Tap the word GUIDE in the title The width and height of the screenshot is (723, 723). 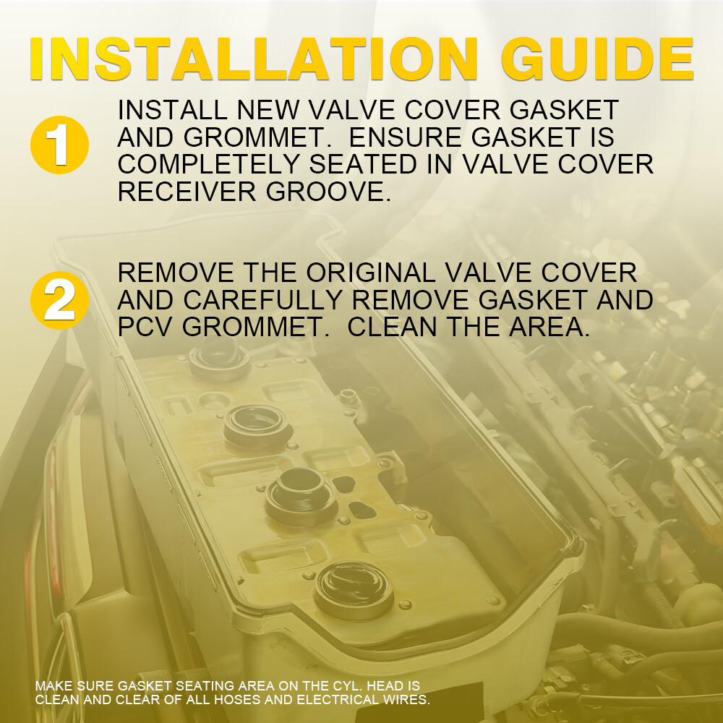click(597, 59)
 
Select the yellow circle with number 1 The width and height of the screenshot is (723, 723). click(59, 145)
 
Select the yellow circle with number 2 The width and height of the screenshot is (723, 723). click(59, 300)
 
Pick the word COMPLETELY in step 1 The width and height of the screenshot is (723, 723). click(209, 164)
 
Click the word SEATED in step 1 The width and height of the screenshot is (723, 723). click(363, 164)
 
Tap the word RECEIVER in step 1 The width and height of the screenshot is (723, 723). click(187, 192)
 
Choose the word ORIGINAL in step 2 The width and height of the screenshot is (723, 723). click(371, 273)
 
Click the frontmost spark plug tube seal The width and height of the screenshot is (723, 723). click(354, 591)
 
